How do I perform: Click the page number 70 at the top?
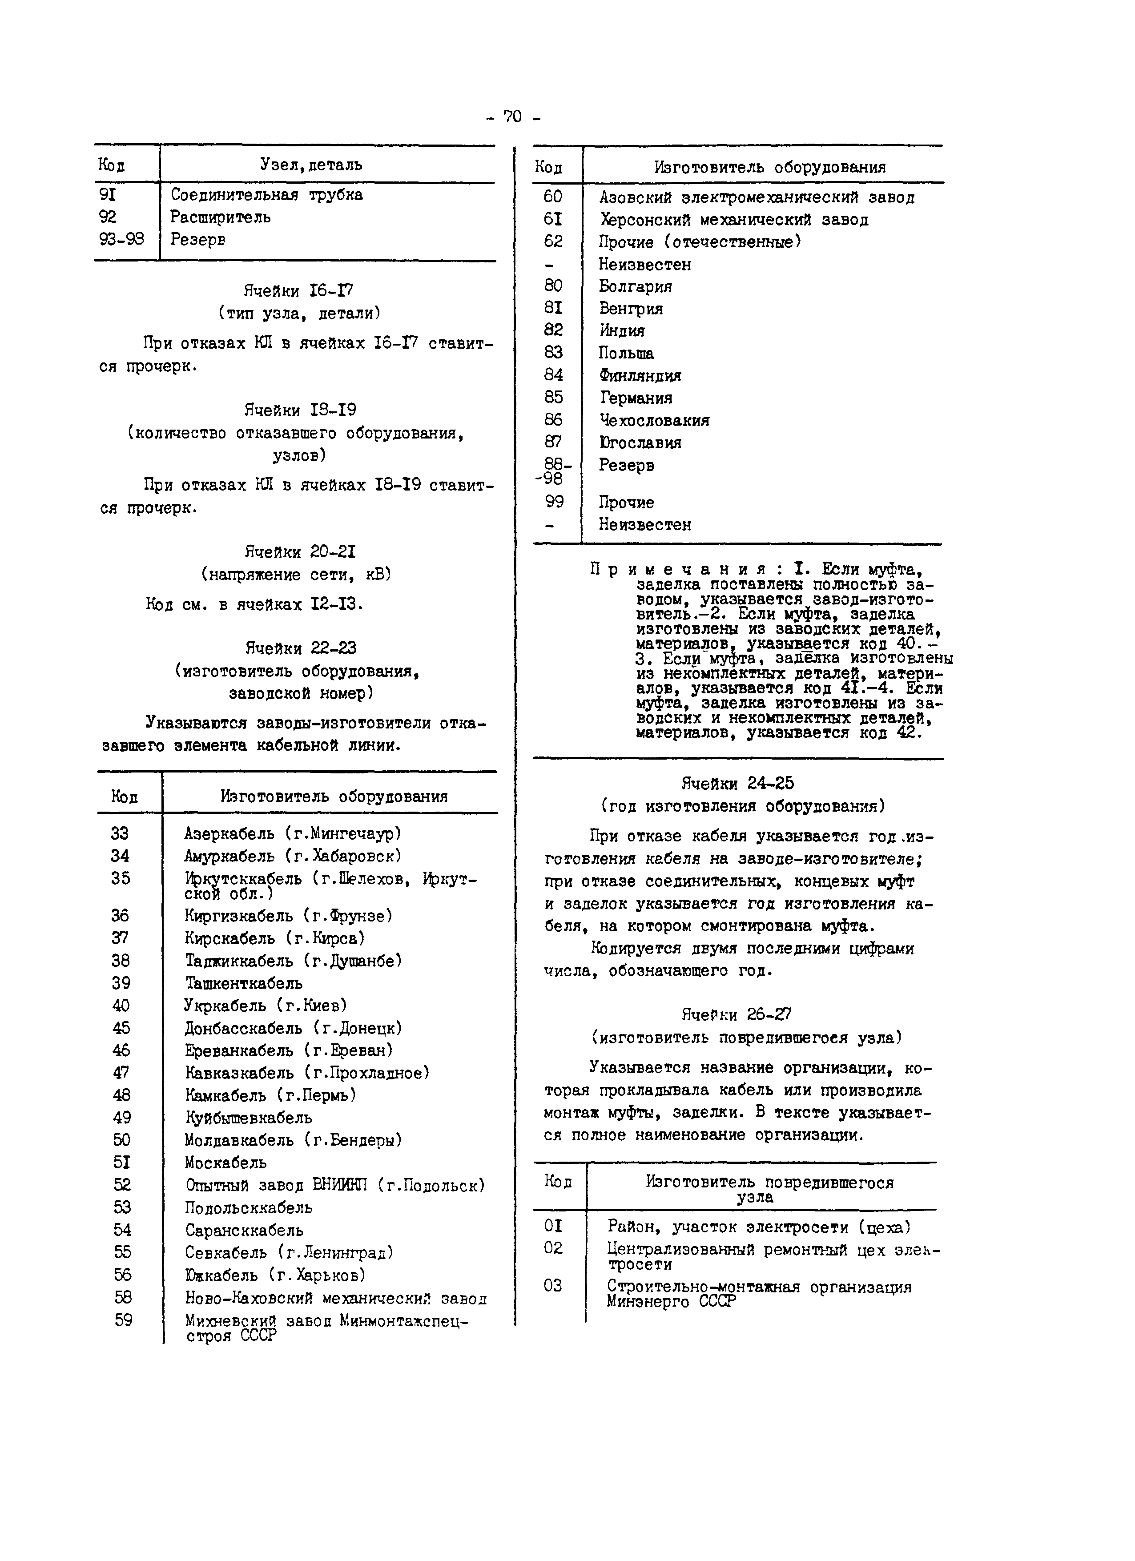(513, 117)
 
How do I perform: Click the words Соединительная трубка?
(266, 195)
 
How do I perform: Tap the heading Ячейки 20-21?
(300, 552)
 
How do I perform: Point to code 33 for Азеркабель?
(120, 833)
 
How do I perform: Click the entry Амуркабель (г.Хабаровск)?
(293, 856)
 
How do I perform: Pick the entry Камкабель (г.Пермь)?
(270, 1095)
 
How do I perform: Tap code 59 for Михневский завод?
(123, 1320)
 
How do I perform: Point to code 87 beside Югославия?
(553, 442)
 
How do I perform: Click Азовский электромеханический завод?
(757, 197)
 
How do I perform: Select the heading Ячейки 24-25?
(737, 783)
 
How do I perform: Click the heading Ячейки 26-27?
(737, 1014)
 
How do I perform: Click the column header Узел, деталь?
(311, 165)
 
